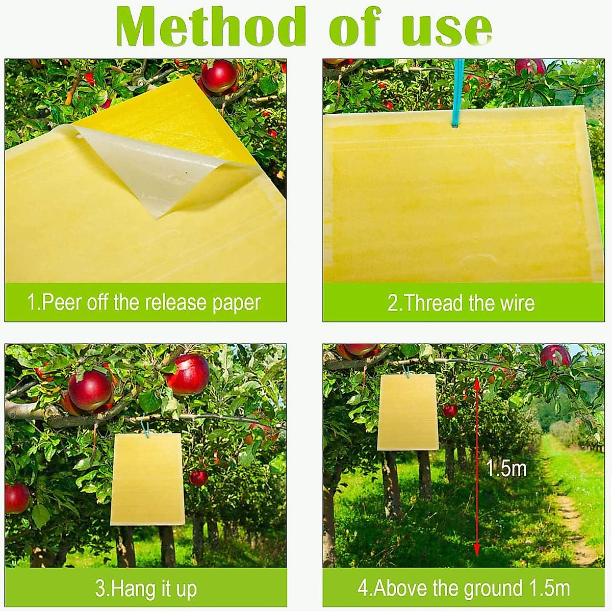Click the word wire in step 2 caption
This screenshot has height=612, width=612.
click(x=516, y=303)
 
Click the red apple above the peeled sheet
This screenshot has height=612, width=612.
click(x=219, y=76)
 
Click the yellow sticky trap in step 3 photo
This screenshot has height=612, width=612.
click(x=147, y=479)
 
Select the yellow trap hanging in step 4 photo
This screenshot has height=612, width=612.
click(x=408, y=413)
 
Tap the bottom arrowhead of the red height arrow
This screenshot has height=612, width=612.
click(x=477, y=550)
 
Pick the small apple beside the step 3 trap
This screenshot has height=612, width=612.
click(x=198, y=478)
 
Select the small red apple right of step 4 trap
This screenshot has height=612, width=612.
click(x=450, y=411)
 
